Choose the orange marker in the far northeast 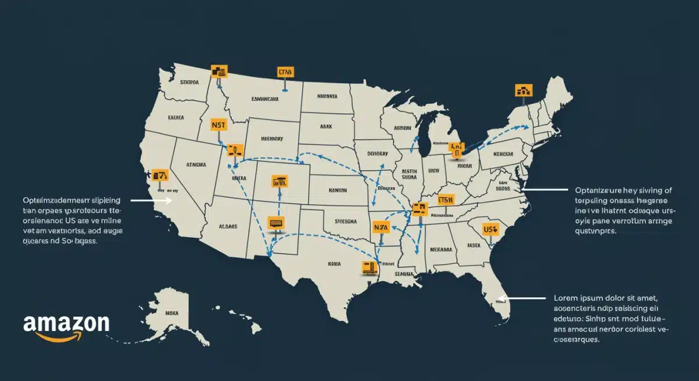(524, 90)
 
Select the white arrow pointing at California (150, 200)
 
